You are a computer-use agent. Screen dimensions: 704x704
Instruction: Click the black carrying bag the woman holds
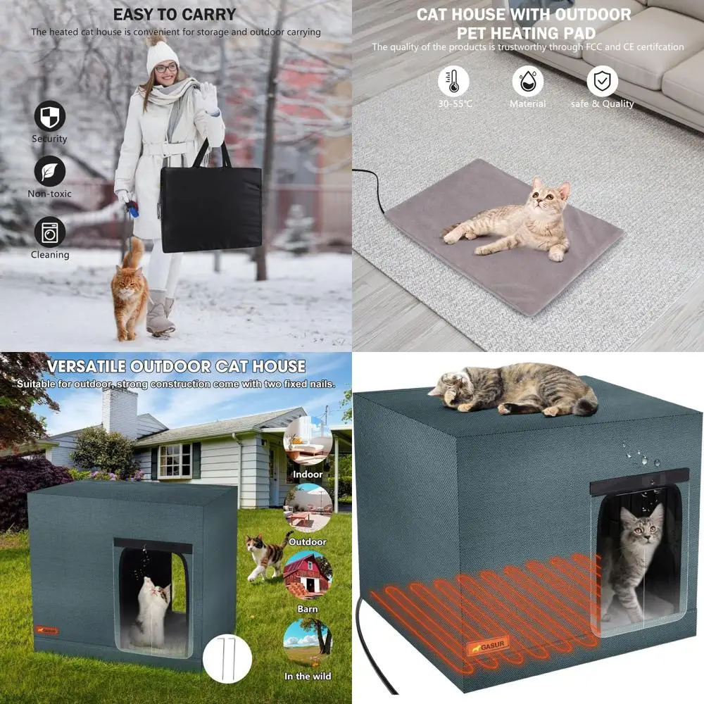tap(210, 208)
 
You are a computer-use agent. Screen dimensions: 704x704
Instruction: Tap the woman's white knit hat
tap(161, 56)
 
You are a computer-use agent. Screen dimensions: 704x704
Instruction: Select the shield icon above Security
tap(49, 115)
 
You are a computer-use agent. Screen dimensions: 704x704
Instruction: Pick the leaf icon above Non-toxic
tap(49, 170)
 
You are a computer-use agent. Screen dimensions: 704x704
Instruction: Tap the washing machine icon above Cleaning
tap(49, 232)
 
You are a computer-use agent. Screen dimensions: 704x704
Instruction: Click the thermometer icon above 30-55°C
tap(453, 81)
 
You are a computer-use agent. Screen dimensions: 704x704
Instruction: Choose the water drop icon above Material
tap(527, 81)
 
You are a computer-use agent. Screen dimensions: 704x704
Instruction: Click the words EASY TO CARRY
tap(175, 14)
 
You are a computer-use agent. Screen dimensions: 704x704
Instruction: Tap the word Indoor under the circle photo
tap(308, 474)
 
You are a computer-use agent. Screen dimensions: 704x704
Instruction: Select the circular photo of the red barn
tap(308, 575)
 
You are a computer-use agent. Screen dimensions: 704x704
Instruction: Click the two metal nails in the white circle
tap(227, 658)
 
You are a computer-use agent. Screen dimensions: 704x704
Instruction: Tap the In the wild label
tap(307, 677)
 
